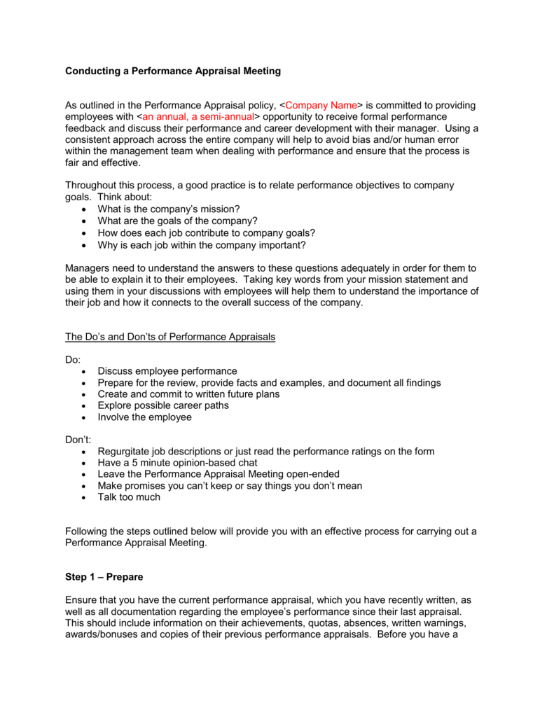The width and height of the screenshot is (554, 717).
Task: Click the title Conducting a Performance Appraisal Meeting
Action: pos(173,71)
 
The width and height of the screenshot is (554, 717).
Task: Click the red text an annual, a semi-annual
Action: pos(198,116)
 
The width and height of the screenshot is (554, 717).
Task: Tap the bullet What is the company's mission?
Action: pos(169,209)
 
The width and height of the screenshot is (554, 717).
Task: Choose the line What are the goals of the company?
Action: pos(178,221)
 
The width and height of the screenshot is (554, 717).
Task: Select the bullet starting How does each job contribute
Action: pos(207,232)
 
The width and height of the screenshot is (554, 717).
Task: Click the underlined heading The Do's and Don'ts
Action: pos(170,337)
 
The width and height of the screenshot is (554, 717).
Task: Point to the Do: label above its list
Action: pos(73,359)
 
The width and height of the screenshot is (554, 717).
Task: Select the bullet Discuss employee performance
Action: pos(167,371)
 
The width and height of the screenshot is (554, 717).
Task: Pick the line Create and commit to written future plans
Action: pos(188,394)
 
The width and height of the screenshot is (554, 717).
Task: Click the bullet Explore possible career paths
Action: pos(163,405)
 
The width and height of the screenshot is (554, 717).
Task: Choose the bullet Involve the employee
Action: pos(144,417)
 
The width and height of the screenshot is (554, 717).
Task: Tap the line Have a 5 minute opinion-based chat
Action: pos(177,463)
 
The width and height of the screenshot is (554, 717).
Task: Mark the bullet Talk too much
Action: pos(129,497)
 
